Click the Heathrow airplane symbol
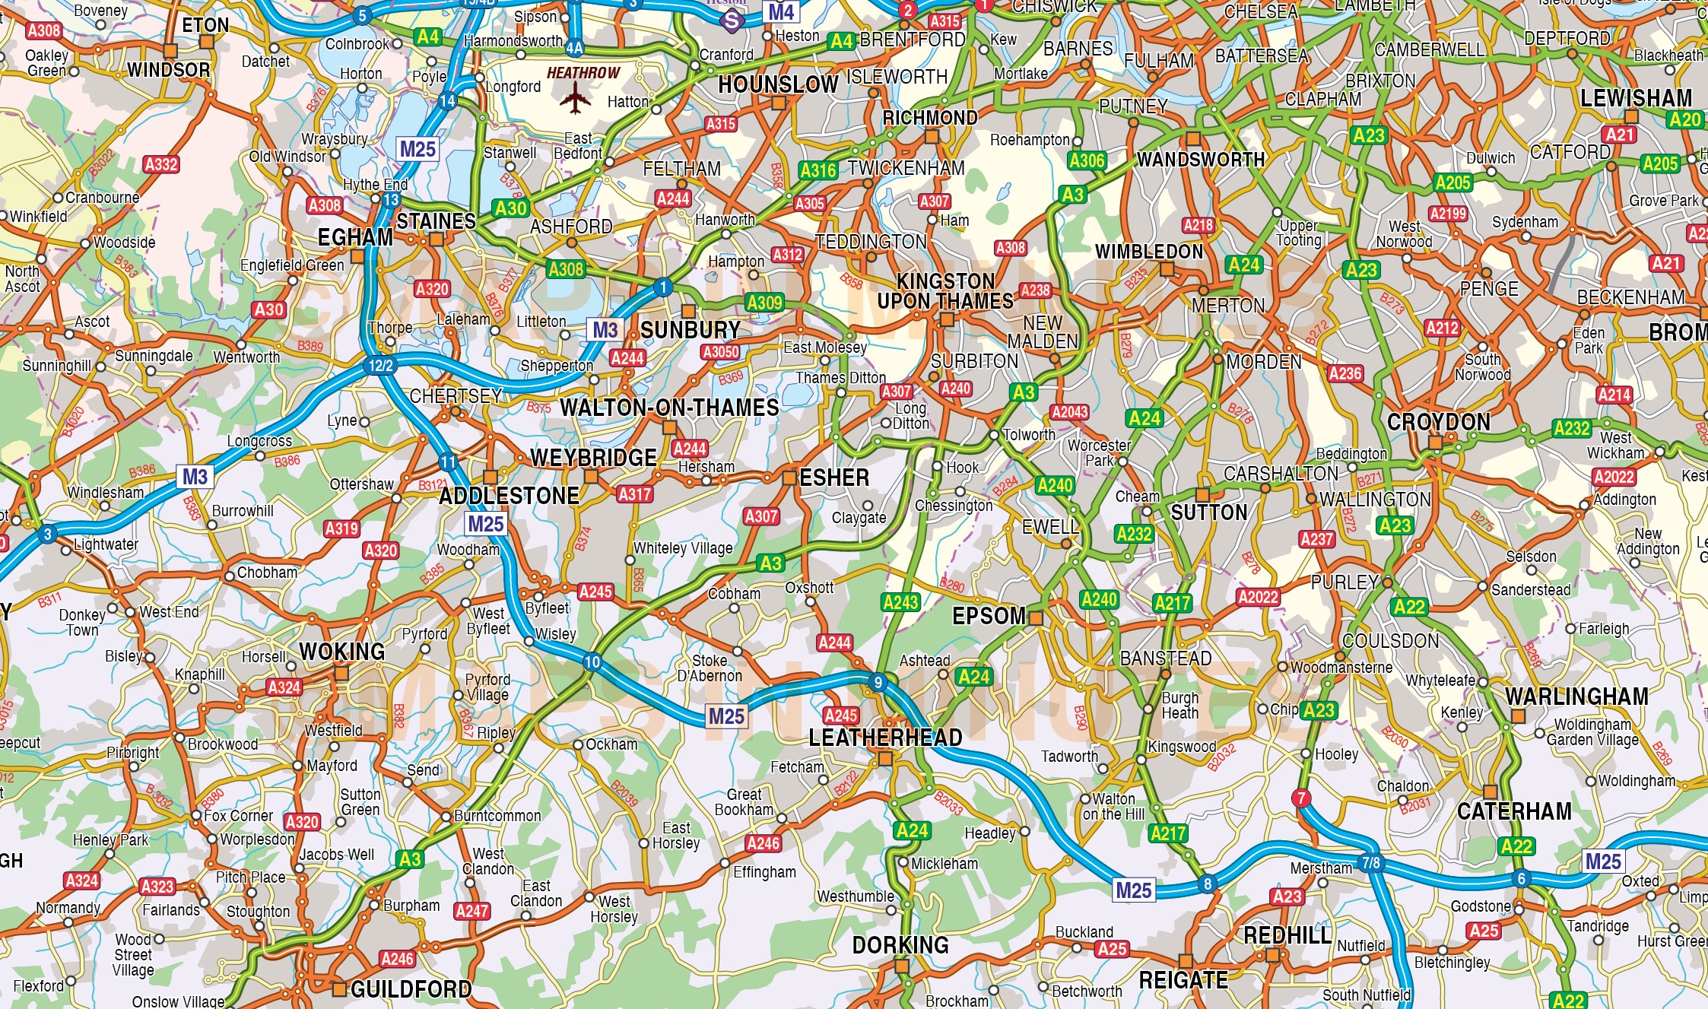(575, 98)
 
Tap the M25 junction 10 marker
(592, 662)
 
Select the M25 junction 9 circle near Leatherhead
(878, 682)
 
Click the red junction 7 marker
(1301, 798)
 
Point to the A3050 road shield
(720, 351)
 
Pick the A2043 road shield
(1069, 412)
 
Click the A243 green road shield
(900, 602)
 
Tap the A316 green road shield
(817, 170)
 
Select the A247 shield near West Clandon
(471, 910)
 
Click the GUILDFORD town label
(411, 988)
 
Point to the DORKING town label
(900, 945)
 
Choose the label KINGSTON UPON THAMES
(945, 291)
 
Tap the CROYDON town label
(1438, 422)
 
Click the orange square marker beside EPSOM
(1035, 617)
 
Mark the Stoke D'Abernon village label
(709, 668)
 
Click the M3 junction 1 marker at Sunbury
(663, 287)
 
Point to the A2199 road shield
(1447, 214)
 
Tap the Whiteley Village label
(683, 548)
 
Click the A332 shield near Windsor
(161, 164)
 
